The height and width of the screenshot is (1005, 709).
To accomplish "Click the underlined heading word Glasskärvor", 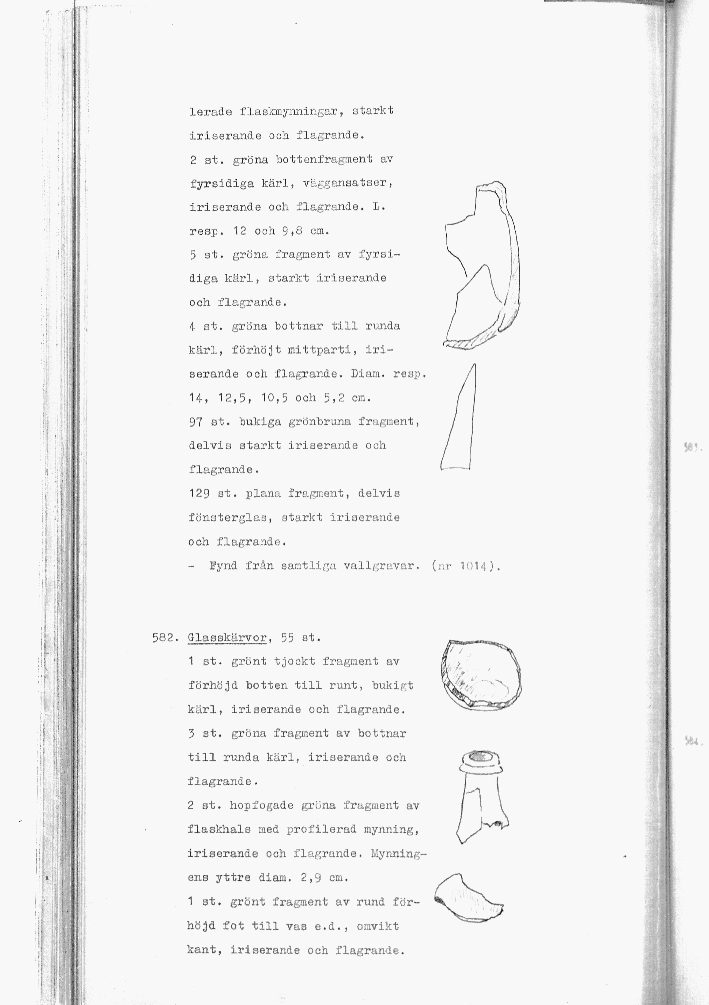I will pyautogui.click(x=227, y=638).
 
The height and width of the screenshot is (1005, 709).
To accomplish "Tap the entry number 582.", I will pyautogui.click(x=164, y=638).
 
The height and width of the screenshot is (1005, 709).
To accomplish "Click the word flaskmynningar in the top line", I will pyautogui.click(x=289, y=111).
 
